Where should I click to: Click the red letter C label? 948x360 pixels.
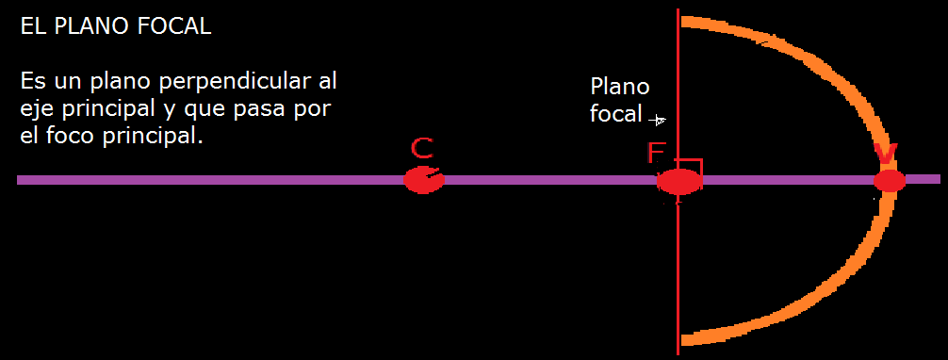(422, 148)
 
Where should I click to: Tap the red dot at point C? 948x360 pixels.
(423, 180)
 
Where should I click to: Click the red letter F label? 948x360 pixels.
(656, 153)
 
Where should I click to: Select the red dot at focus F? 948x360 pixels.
(678, 182)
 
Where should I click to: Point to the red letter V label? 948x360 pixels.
(886, 153)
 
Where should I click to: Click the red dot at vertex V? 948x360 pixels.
(889, 181)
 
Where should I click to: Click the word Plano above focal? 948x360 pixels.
(619, 87)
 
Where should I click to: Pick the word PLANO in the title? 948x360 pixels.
(92, 27)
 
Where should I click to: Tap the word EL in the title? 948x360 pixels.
(33, 27)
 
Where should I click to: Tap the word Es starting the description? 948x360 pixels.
(31, 83)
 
